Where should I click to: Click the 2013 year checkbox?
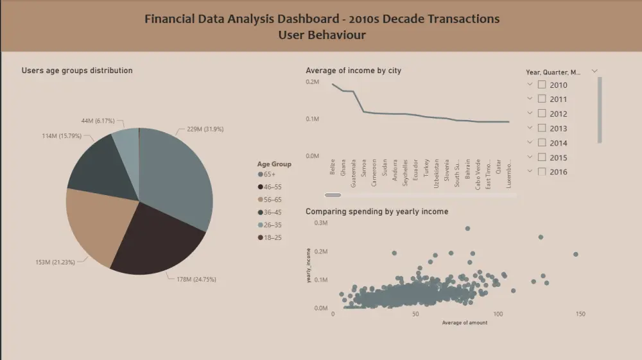[x=542, y=128]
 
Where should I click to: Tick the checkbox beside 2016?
[x=542, y=171]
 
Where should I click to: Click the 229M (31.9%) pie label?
[x=205, y=129]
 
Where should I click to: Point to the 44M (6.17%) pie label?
[x=97, y=121]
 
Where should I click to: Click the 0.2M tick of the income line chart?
[x=313, y=82]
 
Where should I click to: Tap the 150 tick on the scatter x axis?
[x=580, y=314]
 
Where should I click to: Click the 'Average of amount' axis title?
[x=464, y=323]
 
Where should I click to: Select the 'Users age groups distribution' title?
[x=77, y=71]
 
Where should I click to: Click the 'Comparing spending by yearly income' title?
[x=377, y=211]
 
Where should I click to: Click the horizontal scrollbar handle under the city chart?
[x=333, y=194]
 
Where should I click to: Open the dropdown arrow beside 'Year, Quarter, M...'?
[x=594, y=71]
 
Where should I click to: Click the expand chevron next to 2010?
[x=530, y=84]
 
